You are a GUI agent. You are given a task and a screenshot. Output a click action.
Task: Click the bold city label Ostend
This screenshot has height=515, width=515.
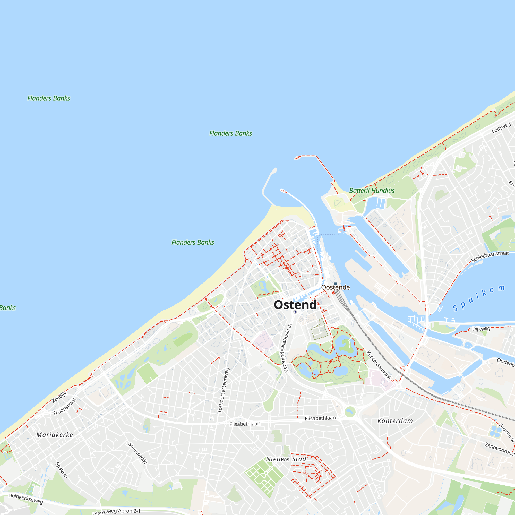tap(295, 305)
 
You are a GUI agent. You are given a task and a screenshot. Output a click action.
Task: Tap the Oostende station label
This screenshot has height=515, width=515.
tap(335, 287)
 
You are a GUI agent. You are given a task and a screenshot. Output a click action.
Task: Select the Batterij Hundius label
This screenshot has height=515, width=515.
tap(372, 191)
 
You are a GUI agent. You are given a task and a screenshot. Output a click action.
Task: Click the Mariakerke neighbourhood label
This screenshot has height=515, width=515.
tap(55, 435)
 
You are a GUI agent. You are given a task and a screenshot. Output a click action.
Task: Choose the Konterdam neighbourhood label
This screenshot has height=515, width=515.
tap(395, 421)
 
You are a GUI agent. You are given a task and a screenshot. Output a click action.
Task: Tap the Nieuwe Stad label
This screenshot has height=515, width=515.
tap(286, 459)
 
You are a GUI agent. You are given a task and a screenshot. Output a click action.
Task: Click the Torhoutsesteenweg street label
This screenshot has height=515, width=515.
tap(223, 390)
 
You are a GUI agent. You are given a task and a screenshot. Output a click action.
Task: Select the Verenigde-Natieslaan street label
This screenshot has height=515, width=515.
tap(286, 348)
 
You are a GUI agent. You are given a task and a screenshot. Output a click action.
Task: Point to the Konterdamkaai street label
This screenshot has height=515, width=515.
tap(379, 365)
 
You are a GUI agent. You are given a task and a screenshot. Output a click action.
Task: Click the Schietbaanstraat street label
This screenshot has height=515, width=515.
tap(490, 256)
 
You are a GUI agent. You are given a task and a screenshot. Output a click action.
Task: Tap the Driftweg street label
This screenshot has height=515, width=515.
tap(501, 128)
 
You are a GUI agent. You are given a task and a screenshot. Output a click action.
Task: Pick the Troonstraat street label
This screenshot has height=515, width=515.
tap(65, 407)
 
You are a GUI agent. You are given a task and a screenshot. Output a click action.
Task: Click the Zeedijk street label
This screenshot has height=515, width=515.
tap(59, 397)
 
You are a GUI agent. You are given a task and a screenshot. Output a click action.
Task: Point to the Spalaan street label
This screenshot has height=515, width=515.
tap(61, 470)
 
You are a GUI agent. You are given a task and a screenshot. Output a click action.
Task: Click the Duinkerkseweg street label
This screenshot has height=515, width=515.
tap(25, 499)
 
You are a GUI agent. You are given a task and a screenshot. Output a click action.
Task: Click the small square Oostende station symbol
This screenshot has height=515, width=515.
tap(335, 284)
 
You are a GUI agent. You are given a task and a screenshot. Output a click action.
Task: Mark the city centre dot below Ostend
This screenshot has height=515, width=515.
tap(295, 312)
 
